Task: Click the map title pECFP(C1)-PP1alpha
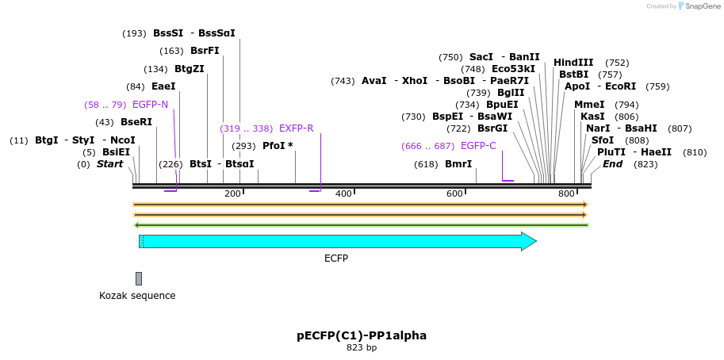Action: (x=362, y=335)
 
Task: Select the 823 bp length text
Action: (x=362, y=348)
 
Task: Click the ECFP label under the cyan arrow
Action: (x=335, y=259)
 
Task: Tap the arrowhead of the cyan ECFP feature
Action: (x=529, y=241)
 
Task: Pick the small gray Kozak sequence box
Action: (x=139, y=278)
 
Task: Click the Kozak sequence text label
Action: (x=137, y=296)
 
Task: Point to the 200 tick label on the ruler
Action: (x=232, y=194)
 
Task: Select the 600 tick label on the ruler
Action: (x=454, y=194)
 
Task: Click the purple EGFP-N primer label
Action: (x=150, y=105)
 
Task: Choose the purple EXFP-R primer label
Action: (x=296, y=128)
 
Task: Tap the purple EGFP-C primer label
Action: (x=478, y=146)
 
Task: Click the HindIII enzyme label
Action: (x=573, y=63)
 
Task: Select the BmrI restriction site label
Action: (x=458, y=165)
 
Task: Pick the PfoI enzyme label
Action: (x=278, y=146)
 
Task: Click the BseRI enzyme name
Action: (x=136, y=122)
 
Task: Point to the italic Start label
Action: (x=109, y=165)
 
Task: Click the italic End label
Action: (x=612, y=164)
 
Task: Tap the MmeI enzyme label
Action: (x=589, y=105)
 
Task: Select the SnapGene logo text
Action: (x=703, y=6)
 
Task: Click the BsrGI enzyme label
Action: (x=492, y=128)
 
